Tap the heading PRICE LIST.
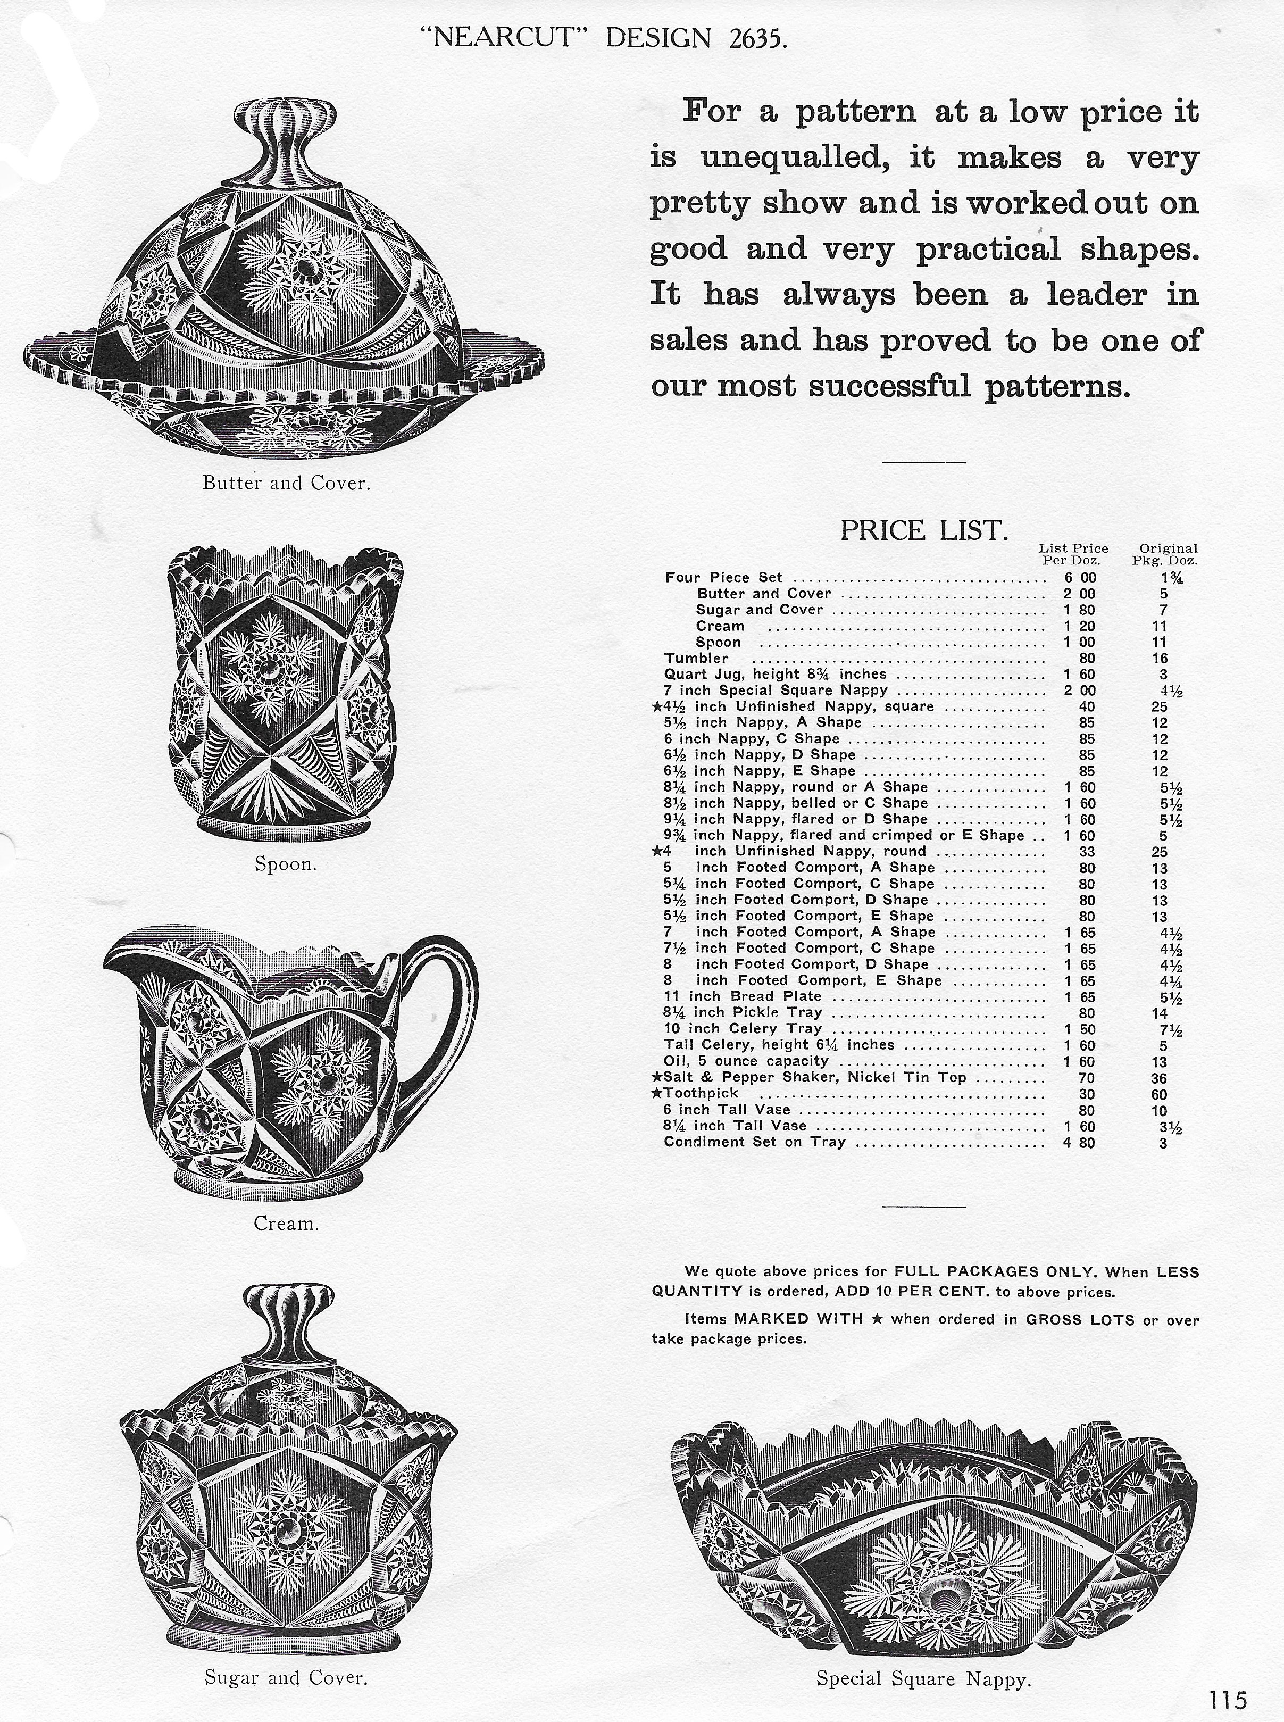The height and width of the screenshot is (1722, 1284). (924, 531)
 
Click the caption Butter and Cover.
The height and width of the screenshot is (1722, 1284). (286, 483)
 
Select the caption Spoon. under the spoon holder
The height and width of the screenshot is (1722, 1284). (285, 864)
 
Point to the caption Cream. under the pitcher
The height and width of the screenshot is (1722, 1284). (286, 1224)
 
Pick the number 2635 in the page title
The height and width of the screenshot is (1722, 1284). (758, 38)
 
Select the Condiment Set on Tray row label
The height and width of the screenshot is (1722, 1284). (754, 1142)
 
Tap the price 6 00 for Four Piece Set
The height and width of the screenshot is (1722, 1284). (1080, 578)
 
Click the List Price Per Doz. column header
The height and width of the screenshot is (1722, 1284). (1073, 554)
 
